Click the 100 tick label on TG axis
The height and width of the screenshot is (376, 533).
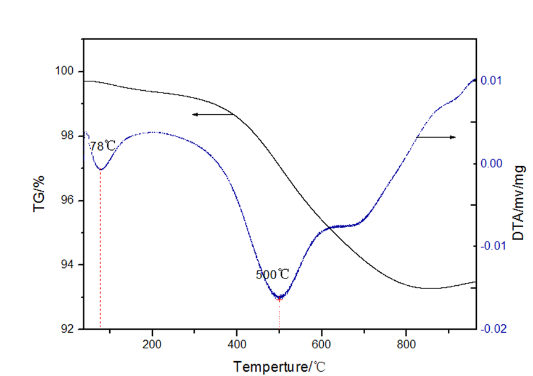pos(66,72)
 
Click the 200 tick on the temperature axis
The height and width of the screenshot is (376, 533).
pos(152,344)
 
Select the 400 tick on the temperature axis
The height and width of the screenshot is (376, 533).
pos(237,344)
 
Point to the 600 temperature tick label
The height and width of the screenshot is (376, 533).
pos(321,344)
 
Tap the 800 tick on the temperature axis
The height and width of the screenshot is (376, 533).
pos(406,344)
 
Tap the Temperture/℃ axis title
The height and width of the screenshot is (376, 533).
pos(279,367)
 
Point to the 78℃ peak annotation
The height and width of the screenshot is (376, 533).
pos(102,147)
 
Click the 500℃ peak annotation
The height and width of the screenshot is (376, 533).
pos(272,274)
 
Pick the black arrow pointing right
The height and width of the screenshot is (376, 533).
pos(437,136)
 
